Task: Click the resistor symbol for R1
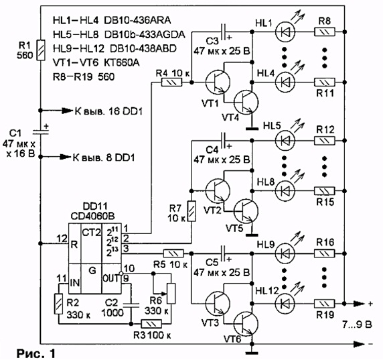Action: (41, 50)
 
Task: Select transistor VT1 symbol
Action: (218, 82)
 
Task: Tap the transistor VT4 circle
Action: (246, 102)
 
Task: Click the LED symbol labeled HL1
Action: (285, 32)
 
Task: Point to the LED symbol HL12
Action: (285, 304)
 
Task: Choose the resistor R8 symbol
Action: (324, 32)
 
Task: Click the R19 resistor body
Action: (324, 304)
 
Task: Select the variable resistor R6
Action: (171, 293)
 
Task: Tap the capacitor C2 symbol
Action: (131, 305)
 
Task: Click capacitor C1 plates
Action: (41, 132)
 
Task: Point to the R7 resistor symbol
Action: (191, 211)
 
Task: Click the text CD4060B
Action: (92, 216)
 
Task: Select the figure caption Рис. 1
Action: (36, 353)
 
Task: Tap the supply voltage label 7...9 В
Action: (357, 324)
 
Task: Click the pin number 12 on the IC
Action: (62, 238)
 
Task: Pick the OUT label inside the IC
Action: (111, 278)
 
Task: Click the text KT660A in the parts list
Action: (122, 63)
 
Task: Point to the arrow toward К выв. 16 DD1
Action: (57, 111)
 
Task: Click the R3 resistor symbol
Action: (151, 324)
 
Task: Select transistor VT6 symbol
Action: (246, 324)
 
